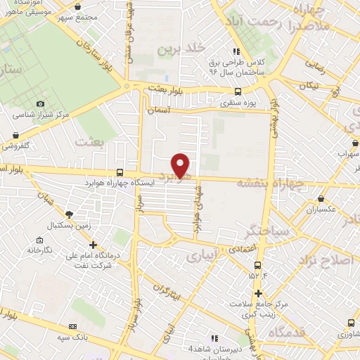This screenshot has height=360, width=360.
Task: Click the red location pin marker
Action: point(181,165)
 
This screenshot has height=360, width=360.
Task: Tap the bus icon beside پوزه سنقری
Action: point(238,91)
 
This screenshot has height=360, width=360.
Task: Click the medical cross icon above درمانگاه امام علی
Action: point(94,244)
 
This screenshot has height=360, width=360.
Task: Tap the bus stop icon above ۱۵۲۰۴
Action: point(257,265)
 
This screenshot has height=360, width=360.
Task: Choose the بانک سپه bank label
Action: point(93,337)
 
